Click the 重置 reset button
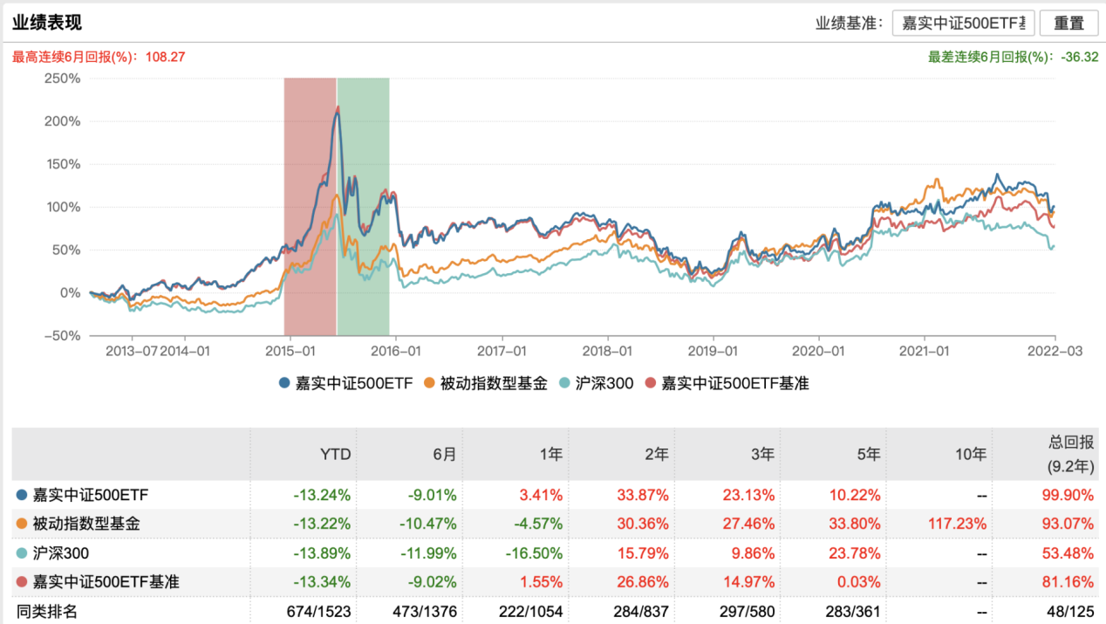1068,24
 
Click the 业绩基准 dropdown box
963,24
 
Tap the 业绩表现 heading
47,23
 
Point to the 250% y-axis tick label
62,78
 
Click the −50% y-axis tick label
61,336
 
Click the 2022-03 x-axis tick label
1055,352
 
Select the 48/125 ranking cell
1068,611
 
